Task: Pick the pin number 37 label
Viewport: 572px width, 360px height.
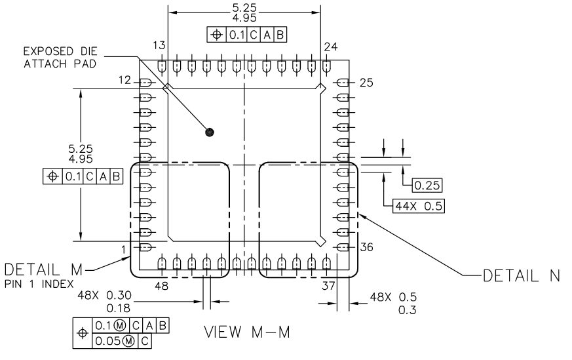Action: [328, 286]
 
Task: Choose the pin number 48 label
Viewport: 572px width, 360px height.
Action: [161, 286]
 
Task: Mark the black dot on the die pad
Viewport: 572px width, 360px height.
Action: [210, 132]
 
